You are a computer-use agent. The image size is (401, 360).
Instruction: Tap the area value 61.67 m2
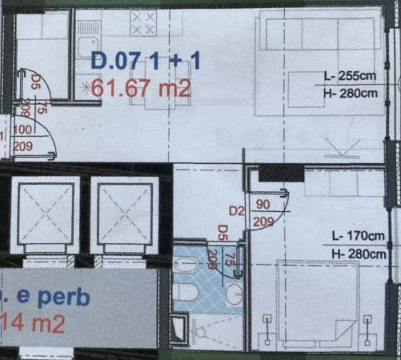pos(142,87)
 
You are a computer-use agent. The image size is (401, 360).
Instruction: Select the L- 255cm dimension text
pos(350,78)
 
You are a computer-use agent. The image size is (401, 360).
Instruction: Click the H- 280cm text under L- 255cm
pos(351,93)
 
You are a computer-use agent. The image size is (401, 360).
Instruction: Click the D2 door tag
pos(235,211)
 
